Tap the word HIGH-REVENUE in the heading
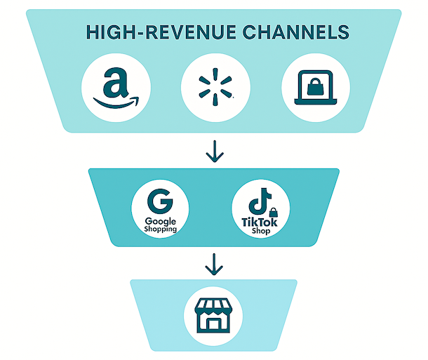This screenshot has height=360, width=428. coord(150,32)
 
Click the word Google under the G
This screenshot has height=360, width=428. coord(161,221)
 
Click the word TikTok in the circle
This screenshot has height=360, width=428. coord(260,222)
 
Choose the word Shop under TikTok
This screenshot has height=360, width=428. coord(260,232)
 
